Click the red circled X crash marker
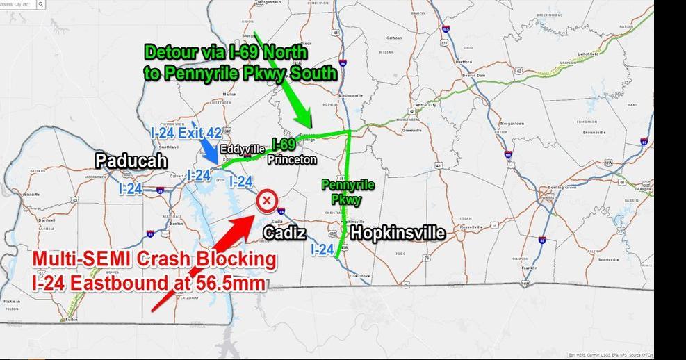[x=266, y=201]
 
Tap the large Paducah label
[x=131, y=161]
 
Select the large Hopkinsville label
[x=397, y=233]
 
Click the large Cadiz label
[x=285, y=233]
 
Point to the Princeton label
[x=293, y=160]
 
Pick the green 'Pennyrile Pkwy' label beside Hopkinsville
[x=348, y=192]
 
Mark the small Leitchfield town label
[x=587, y=54]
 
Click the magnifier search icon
[x=41, y=4]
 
